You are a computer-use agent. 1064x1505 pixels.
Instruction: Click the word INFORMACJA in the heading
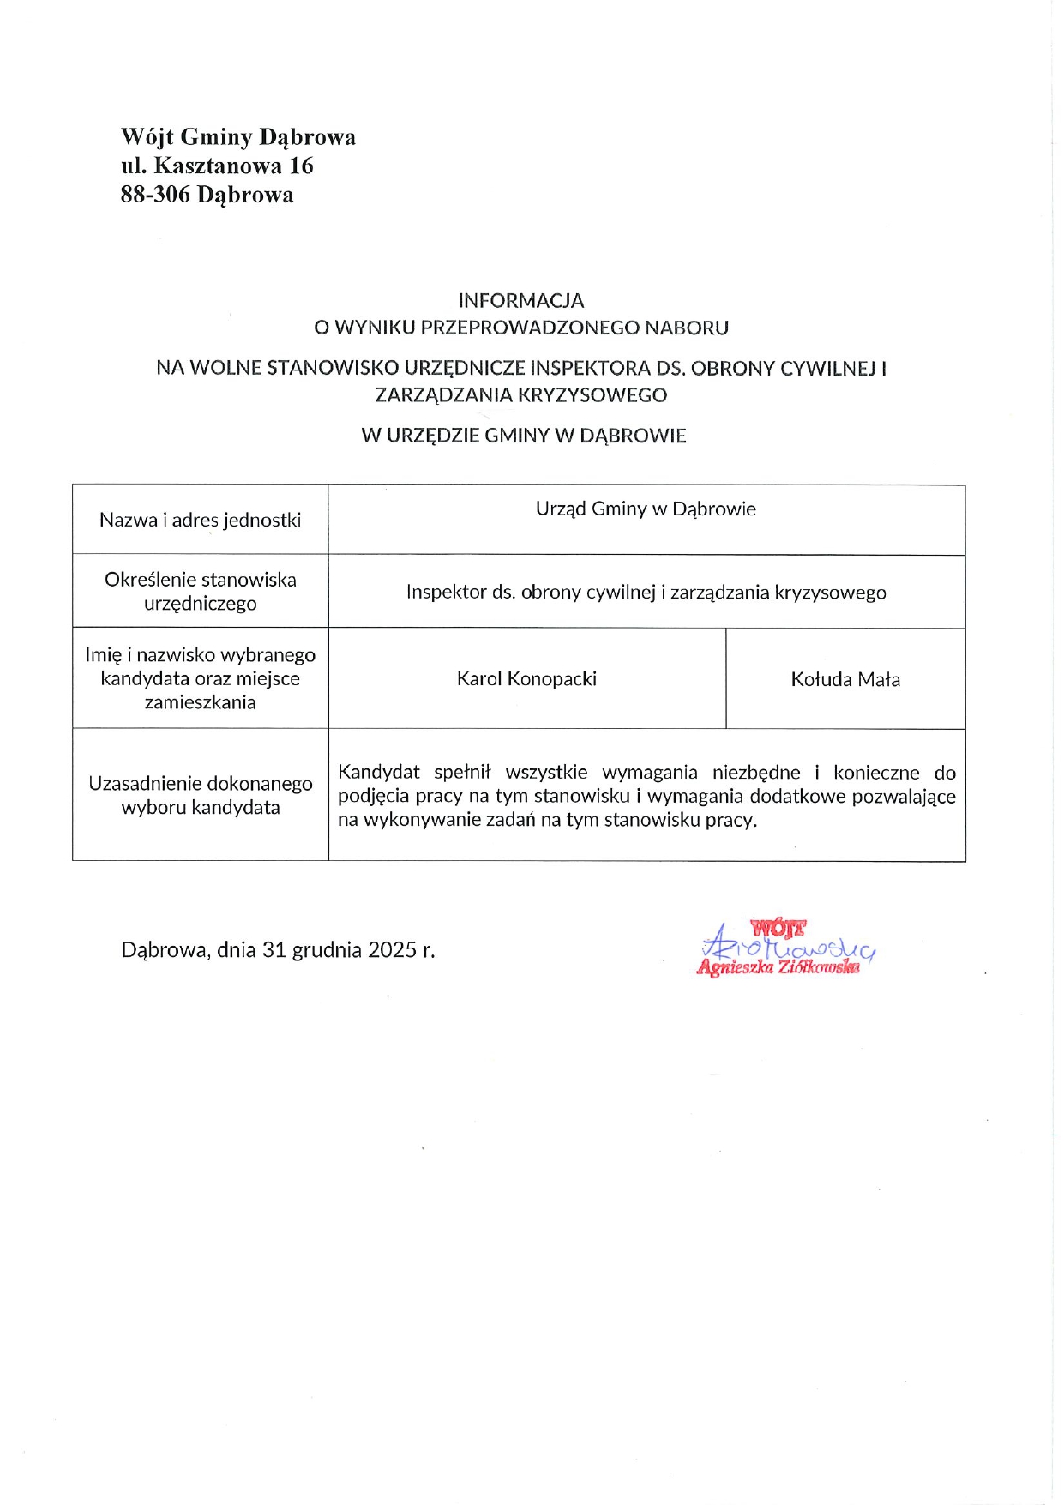520,300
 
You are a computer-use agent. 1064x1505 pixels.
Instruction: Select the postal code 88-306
155,195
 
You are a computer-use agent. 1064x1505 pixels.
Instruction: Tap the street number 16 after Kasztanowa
301,166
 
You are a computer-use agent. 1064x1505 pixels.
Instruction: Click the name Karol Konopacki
526,678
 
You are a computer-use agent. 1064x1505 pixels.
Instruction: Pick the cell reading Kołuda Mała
845,679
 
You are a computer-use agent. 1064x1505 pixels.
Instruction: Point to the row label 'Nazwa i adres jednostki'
200,520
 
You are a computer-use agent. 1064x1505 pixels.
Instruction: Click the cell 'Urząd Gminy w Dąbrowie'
646,509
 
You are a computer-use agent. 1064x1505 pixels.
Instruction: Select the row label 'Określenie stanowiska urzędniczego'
200,591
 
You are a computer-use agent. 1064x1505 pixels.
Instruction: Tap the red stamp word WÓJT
778,927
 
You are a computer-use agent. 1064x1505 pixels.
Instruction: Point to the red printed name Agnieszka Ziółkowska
778,967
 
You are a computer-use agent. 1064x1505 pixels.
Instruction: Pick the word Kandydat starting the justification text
378,772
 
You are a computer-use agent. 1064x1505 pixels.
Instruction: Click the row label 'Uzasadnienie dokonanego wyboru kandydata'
200,795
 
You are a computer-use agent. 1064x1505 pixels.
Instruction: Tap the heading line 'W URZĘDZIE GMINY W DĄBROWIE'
523,435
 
